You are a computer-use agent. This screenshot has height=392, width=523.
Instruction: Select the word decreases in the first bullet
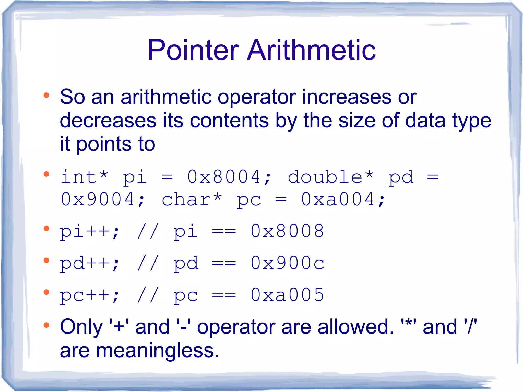pyautogui.click(x=108, y=121)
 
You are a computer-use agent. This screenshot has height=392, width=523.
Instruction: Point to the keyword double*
pyautogui.click(x=331, y=177)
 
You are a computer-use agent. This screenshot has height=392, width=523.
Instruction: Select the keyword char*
pyautogui.click(x=192, y=199)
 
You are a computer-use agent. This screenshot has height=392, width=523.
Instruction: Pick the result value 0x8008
pyautogui.click(x=287, y=231)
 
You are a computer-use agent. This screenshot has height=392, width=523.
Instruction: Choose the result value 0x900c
pyautogui.click(x=287, y=263)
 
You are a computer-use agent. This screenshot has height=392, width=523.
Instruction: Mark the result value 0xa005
pyautogui.click(x=287, y=295)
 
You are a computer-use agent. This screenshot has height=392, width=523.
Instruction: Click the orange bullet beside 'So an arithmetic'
pyautogui.click(x=46, y=96)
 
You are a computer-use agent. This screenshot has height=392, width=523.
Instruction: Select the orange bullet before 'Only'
pyautogui.click(x=46, y=325)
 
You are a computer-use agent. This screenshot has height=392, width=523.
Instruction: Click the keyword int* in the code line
pyautogui.click(x=85, y=177)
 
